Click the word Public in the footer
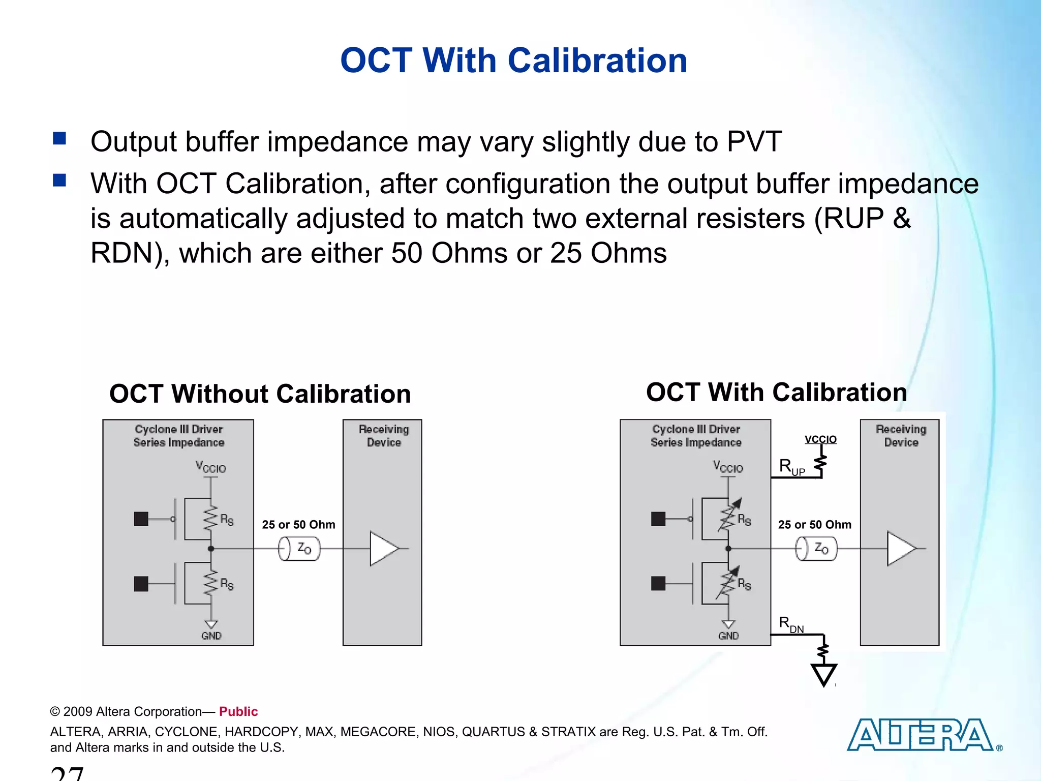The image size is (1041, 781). (238, 711)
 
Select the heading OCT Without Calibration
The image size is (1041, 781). (260, 394)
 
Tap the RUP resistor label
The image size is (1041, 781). (791, 467)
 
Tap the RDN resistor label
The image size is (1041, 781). (791, 624)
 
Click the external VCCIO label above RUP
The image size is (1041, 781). (820, 439)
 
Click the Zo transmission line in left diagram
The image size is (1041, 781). (299, 549)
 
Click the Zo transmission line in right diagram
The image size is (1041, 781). (816, 549)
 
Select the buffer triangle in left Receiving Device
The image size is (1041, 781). (384, 549)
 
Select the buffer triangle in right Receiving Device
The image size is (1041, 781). (901, 549)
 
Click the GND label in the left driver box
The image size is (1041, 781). (211, 636)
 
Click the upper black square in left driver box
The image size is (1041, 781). (141, 519)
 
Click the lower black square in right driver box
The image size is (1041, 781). (658, 583)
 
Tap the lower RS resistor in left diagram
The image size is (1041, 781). (211, 583)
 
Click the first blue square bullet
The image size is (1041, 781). (59, 138)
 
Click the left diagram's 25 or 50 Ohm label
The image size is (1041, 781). (298, 525)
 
